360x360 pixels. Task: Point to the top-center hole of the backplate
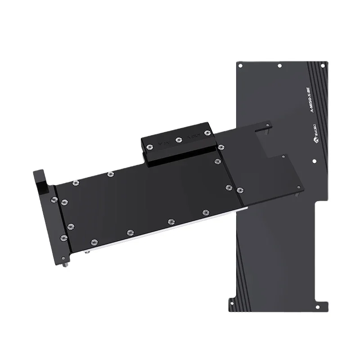pos(279,66)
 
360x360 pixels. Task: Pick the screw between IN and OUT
pos(179,140)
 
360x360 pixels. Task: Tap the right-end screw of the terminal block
pos(207,133)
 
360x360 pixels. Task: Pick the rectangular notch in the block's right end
pos(270,144)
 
